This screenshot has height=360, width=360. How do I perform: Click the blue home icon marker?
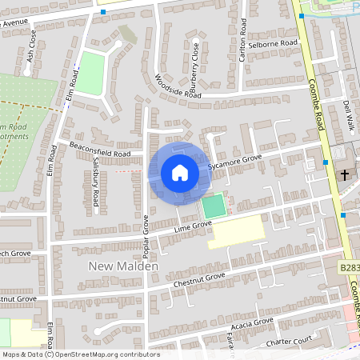point(180,172)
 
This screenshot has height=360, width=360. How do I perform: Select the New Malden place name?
point(124,266)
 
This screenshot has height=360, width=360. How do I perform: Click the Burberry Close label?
point(195,64)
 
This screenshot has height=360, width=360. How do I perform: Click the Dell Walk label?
point(349,115)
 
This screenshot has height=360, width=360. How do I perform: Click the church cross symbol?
point(346,174)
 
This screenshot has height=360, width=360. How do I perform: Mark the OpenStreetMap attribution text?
point(80,354)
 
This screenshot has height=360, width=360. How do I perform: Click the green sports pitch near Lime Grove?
point(213,206)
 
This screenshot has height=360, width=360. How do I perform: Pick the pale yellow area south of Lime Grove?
point(236,231)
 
